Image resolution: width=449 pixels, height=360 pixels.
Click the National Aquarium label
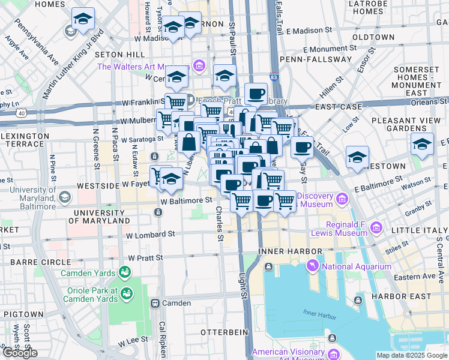click(355, 267)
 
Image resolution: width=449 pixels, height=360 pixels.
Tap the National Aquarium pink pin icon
click(312, 266)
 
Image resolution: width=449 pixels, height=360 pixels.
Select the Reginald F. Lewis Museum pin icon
click(376, 227)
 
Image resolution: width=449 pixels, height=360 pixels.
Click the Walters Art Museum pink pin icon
click(199, 66)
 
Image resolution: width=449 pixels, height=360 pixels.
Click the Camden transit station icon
click(155, 304)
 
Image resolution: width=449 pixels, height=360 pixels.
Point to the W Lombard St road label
click(151, 233)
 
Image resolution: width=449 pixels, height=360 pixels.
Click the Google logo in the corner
click(20, 353)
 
